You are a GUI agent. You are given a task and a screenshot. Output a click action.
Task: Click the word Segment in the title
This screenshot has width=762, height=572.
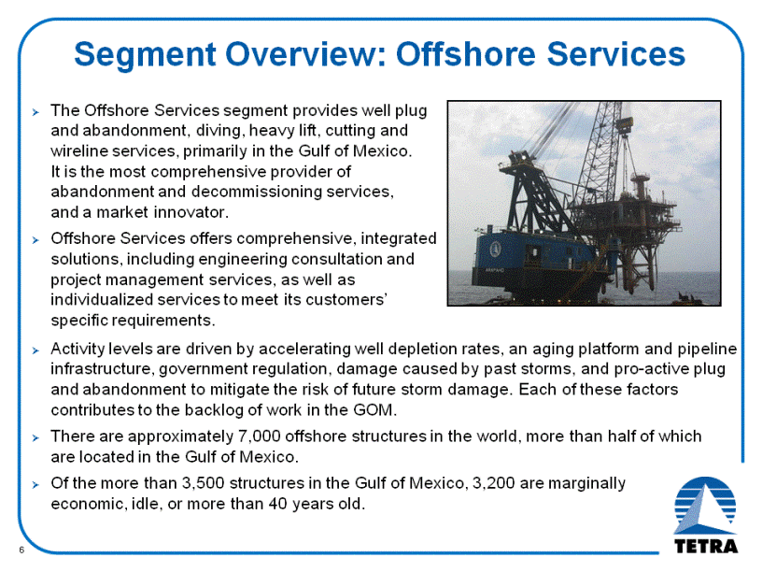tap(145, 54)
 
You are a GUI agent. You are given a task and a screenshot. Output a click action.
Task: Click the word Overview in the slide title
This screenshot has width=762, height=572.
tap(305, 53)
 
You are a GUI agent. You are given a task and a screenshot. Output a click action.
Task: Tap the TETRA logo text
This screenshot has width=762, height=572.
tap(706, 546)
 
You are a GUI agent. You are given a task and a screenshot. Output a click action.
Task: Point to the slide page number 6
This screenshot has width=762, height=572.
tap(21, 551)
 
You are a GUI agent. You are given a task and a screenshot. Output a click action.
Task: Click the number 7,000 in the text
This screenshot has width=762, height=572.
tap(259, 436)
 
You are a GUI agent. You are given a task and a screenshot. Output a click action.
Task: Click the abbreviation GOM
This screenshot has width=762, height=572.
tap(374, 410)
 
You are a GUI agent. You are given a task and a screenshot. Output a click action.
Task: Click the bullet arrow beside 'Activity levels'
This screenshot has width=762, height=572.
tap(35, 350)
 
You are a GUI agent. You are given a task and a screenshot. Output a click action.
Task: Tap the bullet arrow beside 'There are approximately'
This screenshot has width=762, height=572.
tap(35, 437)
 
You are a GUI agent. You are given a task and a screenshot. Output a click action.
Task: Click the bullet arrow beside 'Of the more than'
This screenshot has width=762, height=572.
tap(35, 485)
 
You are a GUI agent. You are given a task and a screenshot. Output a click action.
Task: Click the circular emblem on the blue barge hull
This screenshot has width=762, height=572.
tap(495, 249)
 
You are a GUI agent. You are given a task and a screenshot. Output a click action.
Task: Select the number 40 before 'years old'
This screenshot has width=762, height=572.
tap(278, 504)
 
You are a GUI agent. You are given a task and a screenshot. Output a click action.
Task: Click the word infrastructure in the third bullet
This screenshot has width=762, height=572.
tap(102, 369)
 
